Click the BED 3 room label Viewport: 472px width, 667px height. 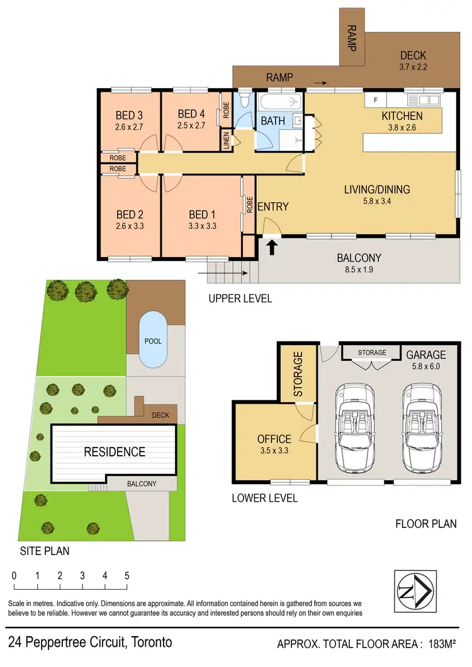tap(129, 115)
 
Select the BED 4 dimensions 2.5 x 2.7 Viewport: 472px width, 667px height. tap(191, 126)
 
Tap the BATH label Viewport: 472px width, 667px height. tap(273, 120)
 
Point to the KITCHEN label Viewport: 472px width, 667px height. tap(402, 116)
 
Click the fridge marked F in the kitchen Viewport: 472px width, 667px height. tap(376, 100)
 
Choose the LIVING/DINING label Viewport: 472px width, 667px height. tap(377, 189)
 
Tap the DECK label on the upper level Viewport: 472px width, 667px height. tap(413, 56)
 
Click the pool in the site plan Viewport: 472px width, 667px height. tap(152, 340)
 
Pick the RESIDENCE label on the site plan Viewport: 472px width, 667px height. tap(115, 451)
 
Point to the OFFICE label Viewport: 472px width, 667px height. tap(274, 439)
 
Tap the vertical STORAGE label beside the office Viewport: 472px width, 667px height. tap(298, 373)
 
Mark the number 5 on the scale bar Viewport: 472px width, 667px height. tap(126, 575)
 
